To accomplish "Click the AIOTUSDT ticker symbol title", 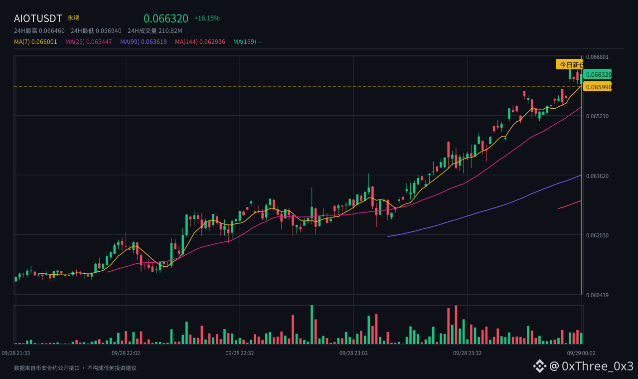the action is [37, 18].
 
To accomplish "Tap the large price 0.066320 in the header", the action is [166, 18].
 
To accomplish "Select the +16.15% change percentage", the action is [207, 18].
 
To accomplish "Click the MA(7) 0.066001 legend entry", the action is [35, 42].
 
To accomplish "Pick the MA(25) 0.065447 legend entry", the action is [89, 42].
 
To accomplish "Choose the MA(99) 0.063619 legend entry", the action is [143, 42].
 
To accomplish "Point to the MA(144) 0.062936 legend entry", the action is [200, 42].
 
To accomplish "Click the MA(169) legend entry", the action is [248, 42].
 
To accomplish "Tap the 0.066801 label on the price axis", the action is [597, 57].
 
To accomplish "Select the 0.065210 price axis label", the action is [597, 116].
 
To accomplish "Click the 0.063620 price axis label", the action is [597, 176].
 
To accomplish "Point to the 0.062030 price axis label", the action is [597, 235].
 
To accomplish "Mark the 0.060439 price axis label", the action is [597, 295].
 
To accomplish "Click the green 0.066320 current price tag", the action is [597, 74].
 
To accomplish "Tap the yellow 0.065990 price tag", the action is [597, 87].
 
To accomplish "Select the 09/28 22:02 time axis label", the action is [126, 353].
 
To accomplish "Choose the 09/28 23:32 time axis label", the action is [468, 353].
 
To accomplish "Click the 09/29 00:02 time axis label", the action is [581, 353].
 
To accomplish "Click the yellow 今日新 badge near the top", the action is [569, 65].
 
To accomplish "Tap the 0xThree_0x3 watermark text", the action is [598, 366].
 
